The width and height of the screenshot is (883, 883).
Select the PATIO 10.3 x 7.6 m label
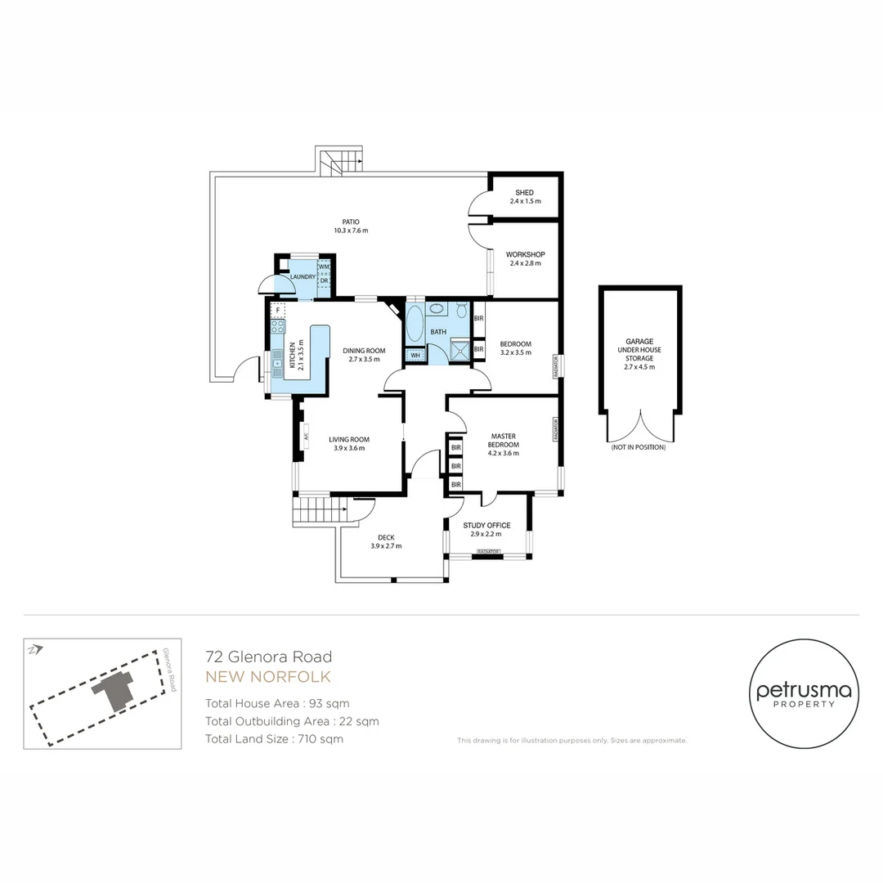[351, 226]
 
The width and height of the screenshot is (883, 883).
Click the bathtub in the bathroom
[415, 325]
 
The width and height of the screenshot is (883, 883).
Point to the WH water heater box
[415, 356]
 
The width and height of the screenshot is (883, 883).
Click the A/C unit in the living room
[306, 436]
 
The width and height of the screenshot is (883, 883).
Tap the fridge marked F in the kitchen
[279, 311]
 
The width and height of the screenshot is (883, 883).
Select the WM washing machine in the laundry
[324, 267]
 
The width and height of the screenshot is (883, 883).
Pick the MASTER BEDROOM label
[503, 444]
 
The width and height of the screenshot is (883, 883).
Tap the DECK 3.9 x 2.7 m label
[386, 541]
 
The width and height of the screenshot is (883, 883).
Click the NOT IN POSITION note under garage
[638, 448]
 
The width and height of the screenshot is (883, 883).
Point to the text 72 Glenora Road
[268, 657]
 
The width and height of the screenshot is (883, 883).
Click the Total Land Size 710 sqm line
[274, 739]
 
